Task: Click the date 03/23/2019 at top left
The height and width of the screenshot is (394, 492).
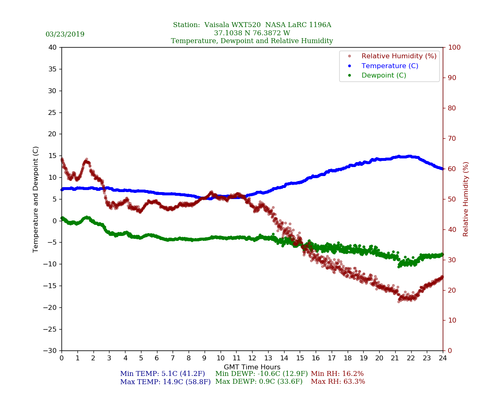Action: point(65,34)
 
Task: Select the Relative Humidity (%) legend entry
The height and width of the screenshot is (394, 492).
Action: point(399,56)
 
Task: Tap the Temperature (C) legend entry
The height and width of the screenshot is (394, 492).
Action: point(389,66)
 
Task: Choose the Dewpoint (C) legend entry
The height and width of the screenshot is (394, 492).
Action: point(383,76)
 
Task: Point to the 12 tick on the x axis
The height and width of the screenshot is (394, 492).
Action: point(252,358)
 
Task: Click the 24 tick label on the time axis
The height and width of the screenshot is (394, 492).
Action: point(443,358)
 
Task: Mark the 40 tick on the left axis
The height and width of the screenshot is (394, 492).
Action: point(52,48)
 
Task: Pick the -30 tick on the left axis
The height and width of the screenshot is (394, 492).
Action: point(50,351)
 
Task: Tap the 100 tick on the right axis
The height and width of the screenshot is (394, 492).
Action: point(454,48)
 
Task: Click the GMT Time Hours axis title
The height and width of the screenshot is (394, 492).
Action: point(252,367)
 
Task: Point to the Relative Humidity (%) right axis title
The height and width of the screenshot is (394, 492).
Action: point(466,199)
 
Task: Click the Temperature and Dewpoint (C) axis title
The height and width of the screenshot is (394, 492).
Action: point(36,199)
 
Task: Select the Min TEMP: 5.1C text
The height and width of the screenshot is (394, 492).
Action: point(162,374)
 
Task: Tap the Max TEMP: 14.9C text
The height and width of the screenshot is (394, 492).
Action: point(165,382)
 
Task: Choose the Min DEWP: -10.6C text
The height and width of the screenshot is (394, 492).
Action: point(262,374)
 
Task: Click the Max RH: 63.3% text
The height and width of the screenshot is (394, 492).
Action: point(338,382)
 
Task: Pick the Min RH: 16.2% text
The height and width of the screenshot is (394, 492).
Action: point(337,374)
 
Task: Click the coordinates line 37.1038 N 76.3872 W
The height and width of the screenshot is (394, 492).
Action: point(252,33)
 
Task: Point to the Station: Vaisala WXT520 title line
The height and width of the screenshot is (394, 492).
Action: point(252,25)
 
